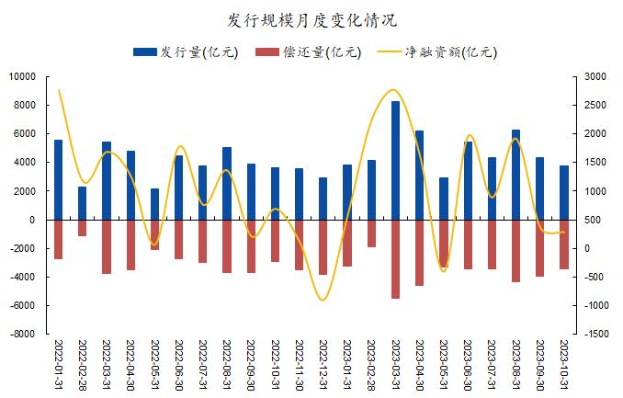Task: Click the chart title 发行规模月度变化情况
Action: (311, 20)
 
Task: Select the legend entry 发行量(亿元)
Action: (186, 52)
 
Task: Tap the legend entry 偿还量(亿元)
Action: (309, 52)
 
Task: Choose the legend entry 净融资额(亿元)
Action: (436, 52)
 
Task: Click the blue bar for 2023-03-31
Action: (395, 160)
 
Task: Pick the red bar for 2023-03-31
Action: (395, 259)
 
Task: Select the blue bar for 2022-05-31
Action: (154, 204)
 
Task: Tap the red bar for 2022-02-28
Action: (83, 228)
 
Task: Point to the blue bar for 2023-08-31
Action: (515, 175)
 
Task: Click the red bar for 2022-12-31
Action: (323, 247)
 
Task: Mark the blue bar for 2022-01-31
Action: (59, 180)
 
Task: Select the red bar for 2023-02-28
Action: (371, 233)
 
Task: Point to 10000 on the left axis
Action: (22, 76)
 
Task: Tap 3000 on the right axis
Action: (595, 76)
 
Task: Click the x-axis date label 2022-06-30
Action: (179, 365)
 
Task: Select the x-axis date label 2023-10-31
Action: (564, 365)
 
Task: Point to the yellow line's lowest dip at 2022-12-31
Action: (323, 301)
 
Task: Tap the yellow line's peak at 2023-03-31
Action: (393, 89)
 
